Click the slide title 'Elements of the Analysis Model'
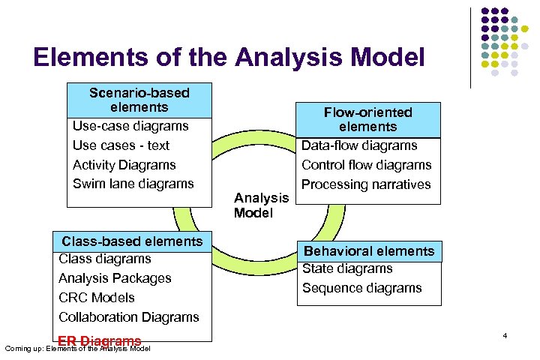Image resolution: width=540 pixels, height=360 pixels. click(229, 58)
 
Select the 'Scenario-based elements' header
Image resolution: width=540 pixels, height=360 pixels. click(139, 100)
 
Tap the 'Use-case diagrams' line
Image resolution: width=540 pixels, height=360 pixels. click(130, 126)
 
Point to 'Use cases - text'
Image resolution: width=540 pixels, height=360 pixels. click(121, 145)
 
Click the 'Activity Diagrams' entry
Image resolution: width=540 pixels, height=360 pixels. click(124, 165)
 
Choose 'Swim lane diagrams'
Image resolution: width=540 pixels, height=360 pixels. click(133, 184)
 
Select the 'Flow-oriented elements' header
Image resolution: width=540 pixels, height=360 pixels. click(367, 119)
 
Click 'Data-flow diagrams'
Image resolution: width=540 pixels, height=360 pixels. click(359, 145)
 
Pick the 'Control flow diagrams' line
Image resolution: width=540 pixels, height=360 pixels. click(366, 165)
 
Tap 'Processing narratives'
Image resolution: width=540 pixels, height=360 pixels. click(366, 184)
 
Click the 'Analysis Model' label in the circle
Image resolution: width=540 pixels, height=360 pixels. click(261, 205)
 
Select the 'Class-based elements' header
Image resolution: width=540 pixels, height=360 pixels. click(132, 241)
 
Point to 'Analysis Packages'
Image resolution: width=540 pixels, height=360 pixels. click(115, 278)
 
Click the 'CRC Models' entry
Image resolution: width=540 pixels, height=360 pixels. click(97, 298)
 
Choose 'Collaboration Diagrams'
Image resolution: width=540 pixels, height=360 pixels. click(129, 317)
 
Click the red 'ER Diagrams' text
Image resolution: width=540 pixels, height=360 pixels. click(99, 341)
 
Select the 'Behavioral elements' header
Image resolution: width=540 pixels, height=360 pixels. click(368, 251)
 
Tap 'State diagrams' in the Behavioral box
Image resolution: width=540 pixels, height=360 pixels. click(347, 268)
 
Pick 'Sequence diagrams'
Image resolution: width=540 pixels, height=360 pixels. click(361, 288)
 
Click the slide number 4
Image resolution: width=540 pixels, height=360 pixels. click(505, 335)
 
